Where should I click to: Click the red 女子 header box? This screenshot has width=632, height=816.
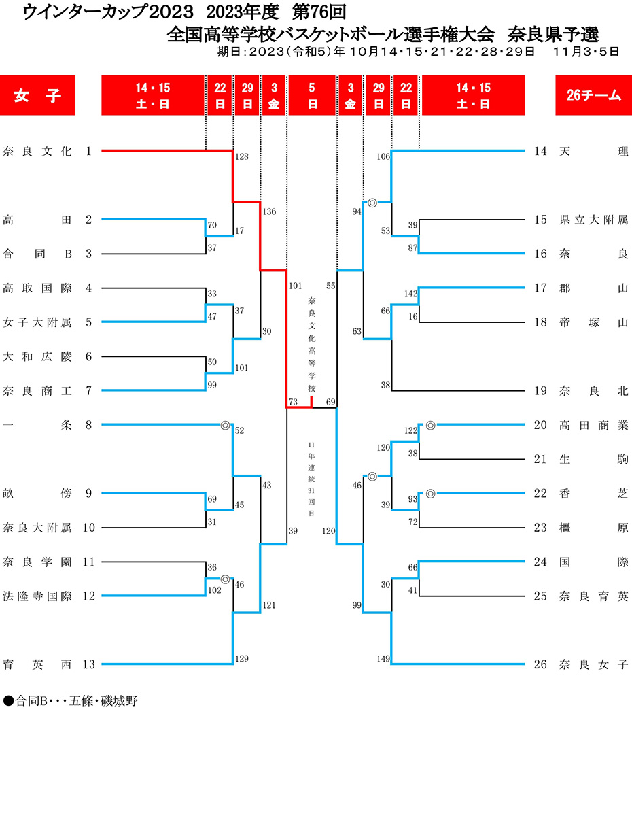pyautogui.click(x=37, y=95)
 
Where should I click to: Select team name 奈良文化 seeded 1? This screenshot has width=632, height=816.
pyautogui.click(x=37, y=151)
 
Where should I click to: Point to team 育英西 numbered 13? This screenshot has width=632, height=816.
pyautogui.click(x=37, y=664)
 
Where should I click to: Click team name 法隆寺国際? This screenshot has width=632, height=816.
pyautogui.click(x=37, y=596)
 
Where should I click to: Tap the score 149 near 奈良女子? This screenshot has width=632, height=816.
pyautogui.click(x=383, y=658)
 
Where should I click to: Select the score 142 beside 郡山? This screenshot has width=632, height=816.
pyautogui.click(x=410, y=294)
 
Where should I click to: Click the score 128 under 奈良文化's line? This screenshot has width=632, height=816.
pyautogui.click(x=241, y=156)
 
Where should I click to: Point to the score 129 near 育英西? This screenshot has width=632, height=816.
pyautogui.click(x=241, y=658)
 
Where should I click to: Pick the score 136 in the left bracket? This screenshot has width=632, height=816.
pyautogui.click(x=269, y=211)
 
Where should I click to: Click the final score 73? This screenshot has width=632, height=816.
pyautogui.click(x=293, y=402)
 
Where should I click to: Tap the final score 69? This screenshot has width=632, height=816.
pyautogui.click(x=330, y=402)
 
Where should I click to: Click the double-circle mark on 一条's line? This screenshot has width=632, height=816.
pyautogui.click(x=225, y=425)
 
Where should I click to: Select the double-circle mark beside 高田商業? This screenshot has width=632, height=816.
pyautogui.click(x=430, y=425)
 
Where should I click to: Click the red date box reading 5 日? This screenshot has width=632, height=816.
pyautogui.click(x=312, y=95)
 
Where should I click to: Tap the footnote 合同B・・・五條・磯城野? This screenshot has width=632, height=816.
pyautogui.click(x=71, y=700)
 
